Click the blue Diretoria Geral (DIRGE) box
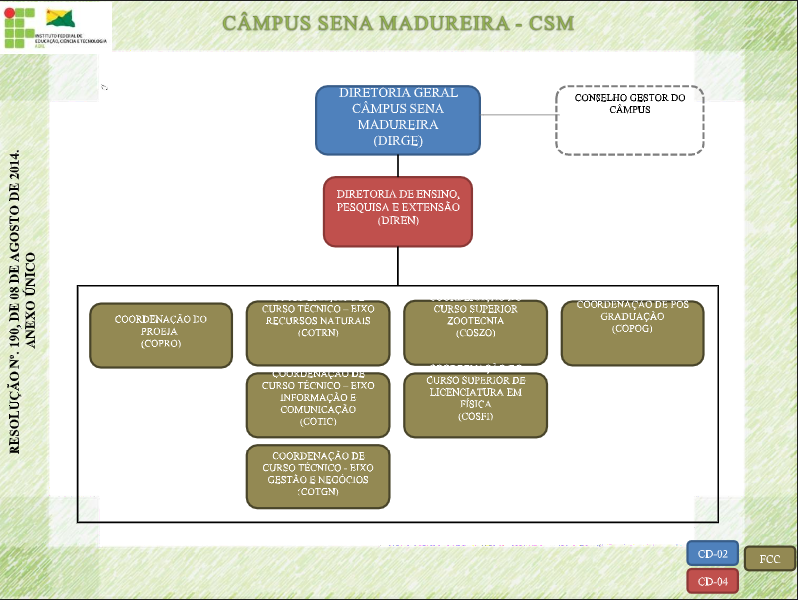coord(398,119)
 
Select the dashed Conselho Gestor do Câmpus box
coord(629,120)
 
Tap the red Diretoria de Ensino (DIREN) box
coord(398,211)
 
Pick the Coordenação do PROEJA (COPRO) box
coord(161,335)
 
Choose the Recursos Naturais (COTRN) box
coord(317,333)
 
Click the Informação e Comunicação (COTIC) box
coord(317,404)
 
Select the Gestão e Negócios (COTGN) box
coord(317,475)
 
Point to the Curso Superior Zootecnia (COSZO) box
coord(475,333)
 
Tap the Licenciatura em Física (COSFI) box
coord(475,404)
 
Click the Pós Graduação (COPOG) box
coord(632,333)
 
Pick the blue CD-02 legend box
coord(713,553)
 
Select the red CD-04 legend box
coord(713,581)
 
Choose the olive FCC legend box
coord(770,559)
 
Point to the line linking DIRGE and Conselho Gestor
coord(518,114)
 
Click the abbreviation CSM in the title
coord(549,22)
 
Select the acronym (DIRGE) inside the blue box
coord(398,141)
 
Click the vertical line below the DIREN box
coord(398,265)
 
